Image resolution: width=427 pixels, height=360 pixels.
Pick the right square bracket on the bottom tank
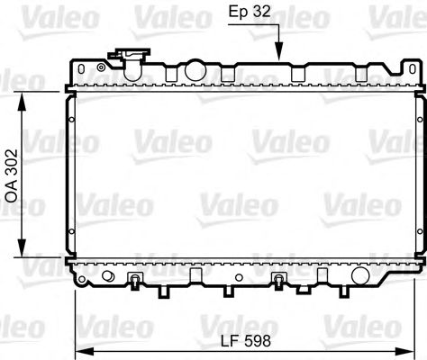[x=278, y=277]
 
